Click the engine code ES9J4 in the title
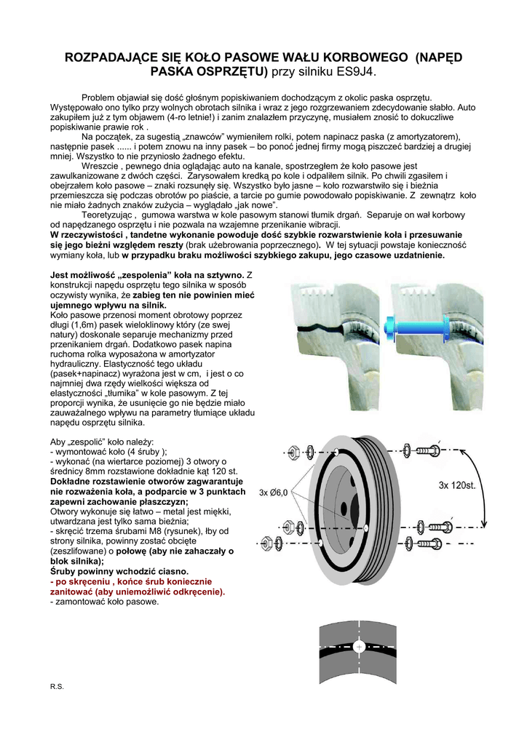[354, 72]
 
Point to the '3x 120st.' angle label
[456, 484]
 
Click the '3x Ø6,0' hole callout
[274, 493]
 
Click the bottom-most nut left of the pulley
[266, 543]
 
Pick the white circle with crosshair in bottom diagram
[359, 646]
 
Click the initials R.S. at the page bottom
[57, 686]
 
